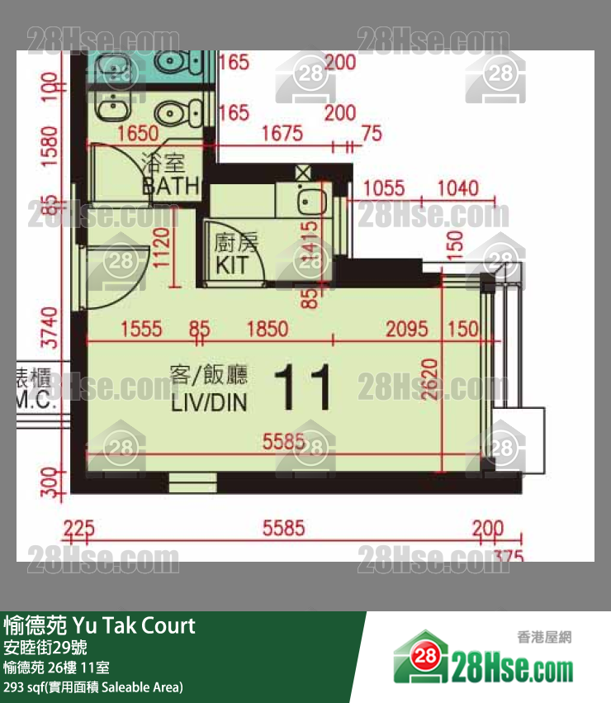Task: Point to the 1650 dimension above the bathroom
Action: pyautogui.click(x=137, y=133)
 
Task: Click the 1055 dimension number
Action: pyautogui.click(x=384, y=188)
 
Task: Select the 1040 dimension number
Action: pyautogui.click(x=457, y=188)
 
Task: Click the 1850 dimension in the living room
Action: pyautogui.click(x=268, y=329)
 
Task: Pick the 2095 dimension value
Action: pyautogui.click(x=407, y=329)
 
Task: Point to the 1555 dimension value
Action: pyautogui.click(x=140, y=329)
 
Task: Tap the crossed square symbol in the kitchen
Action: pyautogui.click(x=303, y=173)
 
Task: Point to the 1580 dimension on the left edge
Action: pyautogui.click(x=50, y=145)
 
